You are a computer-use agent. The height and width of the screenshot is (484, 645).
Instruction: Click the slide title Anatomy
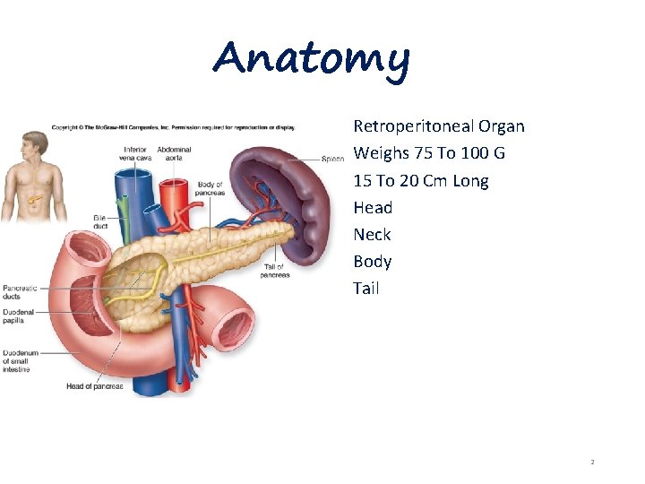311,59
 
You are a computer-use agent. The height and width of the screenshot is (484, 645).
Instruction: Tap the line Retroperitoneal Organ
439,126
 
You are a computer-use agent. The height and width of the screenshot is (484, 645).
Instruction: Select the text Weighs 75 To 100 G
429,153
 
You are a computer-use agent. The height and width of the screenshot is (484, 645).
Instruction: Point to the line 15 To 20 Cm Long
421,180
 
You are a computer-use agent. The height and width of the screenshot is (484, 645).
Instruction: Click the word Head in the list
373,207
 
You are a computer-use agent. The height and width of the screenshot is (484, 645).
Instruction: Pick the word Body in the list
373,261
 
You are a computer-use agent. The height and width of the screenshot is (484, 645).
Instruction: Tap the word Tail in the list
366,288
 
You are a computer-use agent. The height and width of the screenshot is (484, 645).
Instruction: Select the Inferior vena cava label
134,153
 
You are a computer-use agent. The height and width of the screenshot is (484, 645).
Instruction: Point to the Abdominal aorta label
174,153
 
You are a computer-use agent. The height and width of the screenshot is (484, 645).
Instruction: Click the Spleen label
333,159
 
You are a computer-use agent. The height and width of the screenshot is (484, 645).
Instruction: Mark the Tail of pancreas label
274,271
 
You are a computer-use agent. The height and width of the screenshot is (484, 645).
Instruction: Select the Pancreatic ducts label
20,290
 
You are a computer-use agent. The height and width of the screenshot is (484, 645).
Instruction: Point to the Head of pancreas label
94,386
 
